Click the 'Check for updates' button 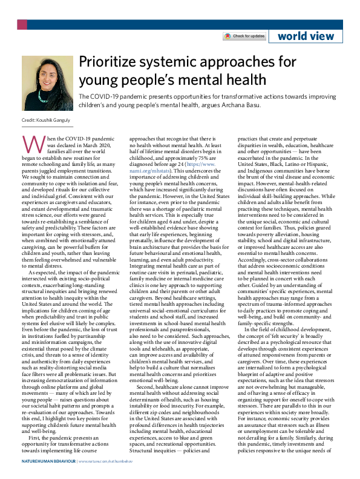point(244,36)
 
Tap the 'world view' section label point(305,36)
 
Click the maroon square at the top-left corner point(22,25)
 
